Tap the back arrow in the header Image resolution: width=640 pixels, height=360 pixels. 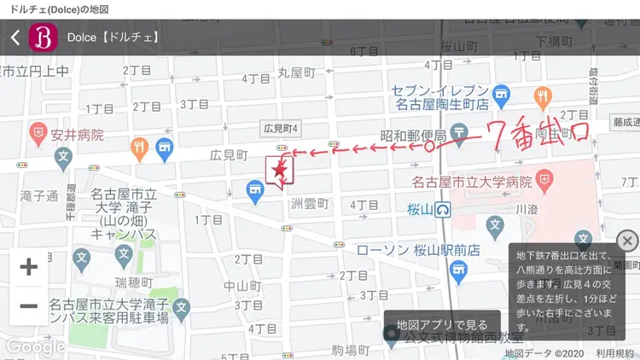pos(15,38)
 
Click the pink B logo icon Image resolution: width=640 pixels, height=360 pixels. pos(42,38)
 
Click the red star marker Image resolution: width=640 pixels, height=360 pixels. pos(279,170)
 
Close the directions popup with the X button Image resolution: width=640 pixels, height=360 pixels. pos(627,240)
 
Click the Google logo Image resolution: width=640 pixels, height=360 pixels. pos(35,346)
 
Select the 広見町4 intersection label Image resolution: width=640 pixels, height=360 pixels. pos(281,128)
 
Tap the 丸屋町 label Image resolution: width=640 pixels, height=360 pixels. pos(296,73)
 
